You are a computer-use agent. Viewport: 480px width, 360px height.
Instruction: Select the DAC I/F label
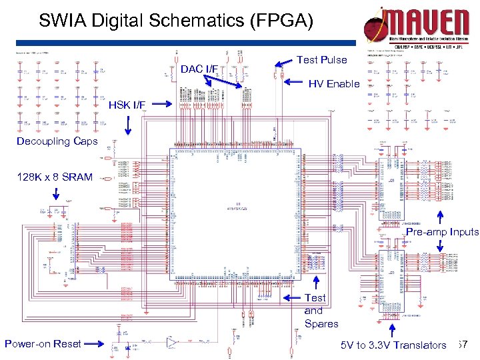[x=199, y=69]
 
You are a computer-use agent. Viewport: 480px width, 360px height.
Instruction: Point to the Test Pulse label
[x=321, y=60]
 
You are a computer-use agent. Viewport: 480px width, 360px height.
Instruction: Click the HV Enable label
[x=333, y=84]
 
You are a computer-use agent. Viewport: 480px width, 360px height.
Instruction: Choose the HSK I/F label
[x=127, y=105]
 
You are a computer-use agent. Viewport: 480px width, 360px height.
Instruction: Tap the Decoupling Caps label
[x=57, y=141]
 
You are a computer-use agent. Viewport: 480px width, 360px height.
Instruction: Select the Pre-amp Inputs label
[x=442, y=232]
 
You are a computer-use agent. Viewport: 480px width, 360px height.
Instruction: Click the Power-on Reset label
[x=43, y=344]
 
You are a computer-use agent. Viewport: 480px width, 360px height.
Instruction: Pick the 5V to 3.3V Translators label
[x=393, y=345]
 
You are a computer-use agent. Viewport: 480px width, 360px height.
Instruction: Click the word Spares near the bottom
[x=321, y=324]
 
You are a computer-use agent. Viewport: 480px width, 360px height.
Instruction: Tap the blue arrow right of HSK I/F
[x=161, y=105]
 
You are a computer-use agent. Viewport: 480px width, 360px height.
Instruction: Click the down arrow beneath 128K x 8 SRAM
[x=56, y=194]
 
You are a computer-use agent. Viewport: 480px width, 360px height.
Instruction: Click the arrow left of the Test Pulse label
[x=283, y=63]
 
